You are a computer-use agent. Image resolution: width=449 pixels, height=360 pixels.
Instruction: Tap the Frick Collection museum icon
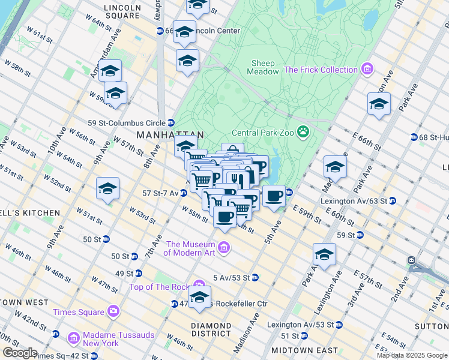tap(366, 70)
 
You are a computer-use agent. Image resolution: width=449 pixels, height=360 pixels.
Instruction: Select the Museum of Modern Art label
tap(190, 248)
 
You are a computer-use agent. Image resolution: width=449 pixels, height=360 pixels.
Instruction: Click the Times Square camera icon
tap(113, 311)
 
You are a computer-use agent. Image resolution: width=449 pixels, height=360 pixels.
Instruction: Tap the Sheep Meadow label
tap(263, 67)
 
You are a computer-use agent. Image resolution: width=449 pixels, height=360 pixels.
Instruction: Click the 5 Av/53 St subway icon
tap(255, 278)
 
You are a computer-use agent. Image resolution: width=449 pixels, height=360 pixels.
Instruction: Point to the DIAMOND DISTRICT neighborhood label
tap(211, 329)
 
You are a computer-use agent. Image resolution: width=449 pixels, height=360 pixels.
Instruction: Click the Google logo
tap(20, 353)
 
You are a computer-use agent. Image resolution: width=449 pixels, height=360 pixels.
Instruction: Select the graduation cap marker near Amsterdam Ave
tap(110, 71)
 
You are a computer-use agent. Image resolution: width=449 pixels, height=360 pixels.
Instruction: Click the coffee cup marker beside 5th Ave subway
tap(274, 196)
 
